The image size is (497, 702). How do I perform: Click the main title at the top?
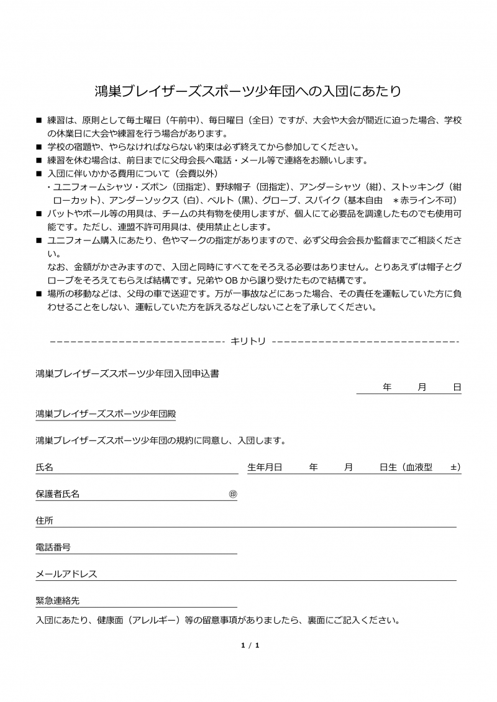[248, 91]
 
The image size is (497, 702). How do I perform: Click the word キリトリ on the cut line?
[248, 341]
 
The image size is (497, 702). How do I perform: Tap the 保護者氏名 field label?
[58, 494]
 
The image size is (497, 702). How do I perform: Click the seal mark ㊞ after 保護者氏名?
[233, 494]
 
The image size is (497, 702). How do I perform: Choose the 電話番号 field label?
[53, 547]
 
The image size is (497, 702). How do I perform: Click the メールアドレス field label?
[66, 574]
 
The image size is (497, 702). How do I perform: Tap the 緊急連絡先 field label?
[58, 601]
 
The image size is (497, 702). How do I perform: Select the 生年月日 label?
[265, 467]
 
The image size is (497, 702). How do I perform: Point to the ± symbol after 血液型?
[454, 467]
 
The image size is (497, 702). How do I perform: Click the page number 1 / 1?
[250, 645]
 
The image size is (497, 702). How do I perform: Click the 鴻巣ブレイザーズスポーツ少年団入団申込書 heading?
[127, 374]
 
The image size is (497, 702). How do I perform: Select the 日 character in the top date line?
[457, 387]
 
